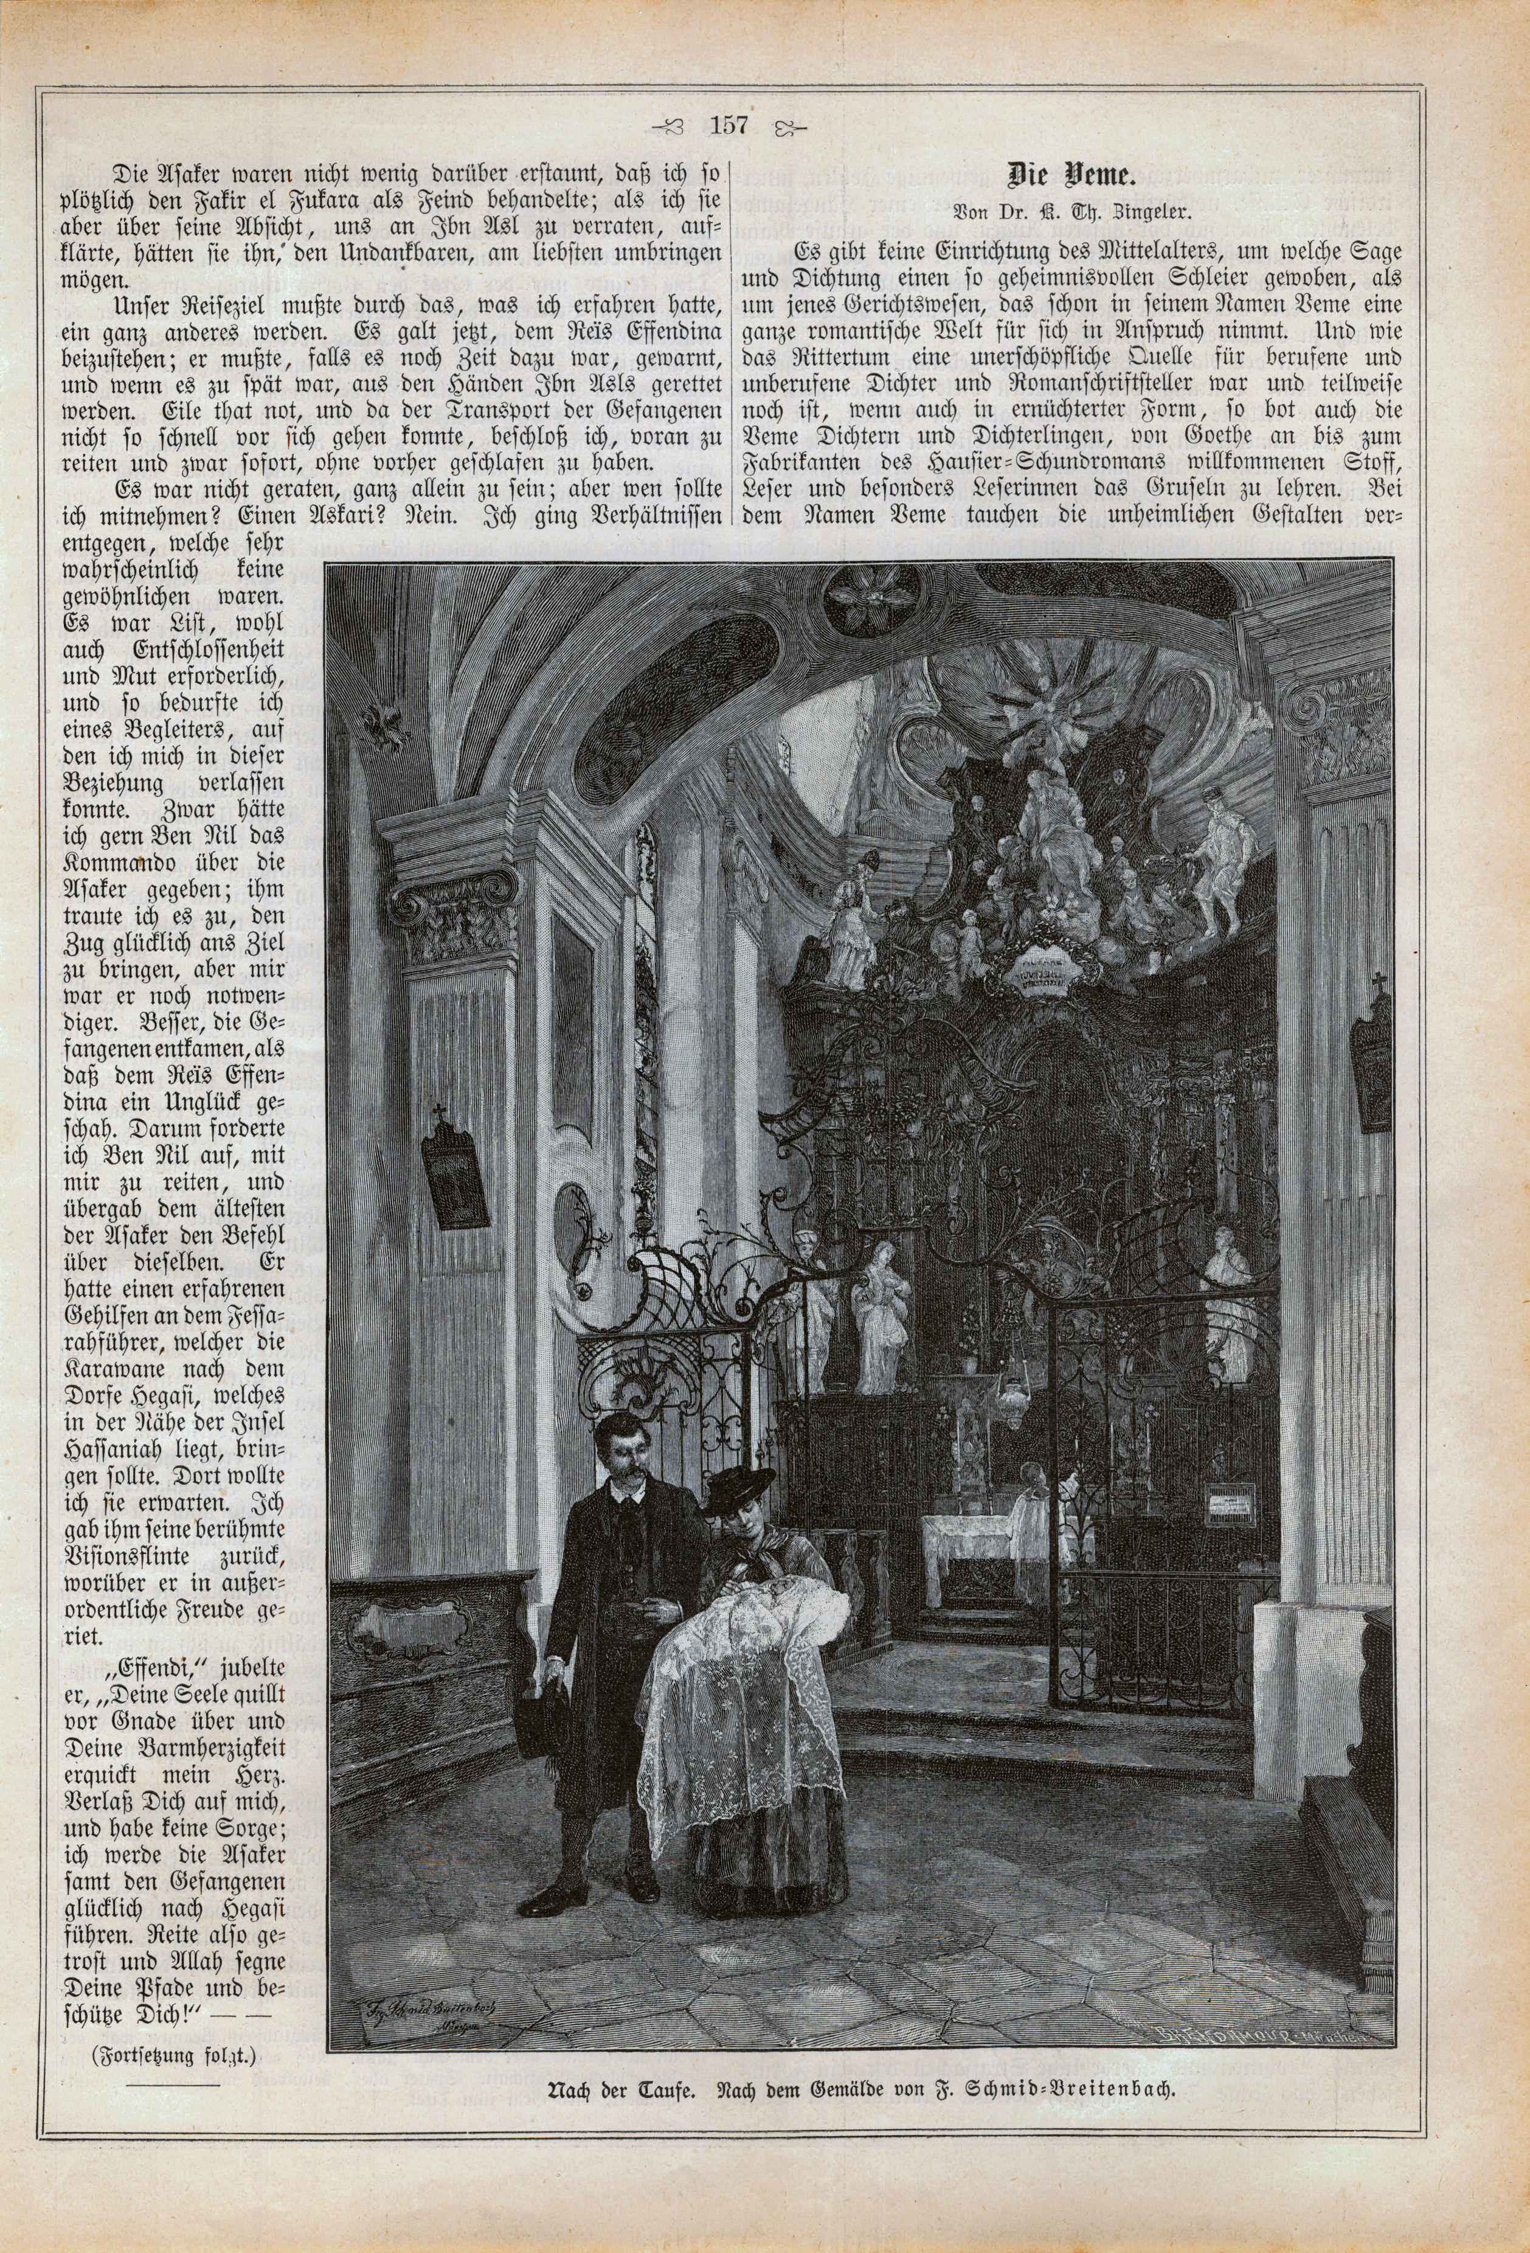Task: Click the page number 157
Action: coord(728,125)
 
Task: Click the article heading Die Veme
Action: coord(1071,175)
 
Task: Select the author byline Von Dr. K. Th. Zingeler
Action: coord(1071,210)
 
